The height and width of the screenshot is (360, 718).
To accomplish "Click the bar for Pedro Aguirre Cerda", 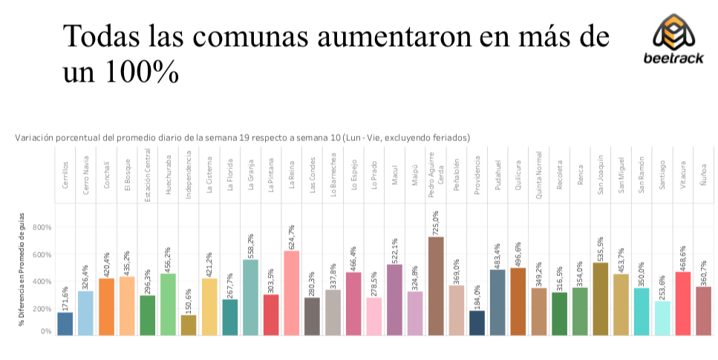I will (x=436, y=286).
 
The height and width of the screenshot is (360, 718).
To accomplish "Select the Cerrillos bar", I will (x=65, y=324).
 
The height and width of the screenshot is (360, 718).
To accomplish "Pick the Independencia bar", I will (x=189, y=325).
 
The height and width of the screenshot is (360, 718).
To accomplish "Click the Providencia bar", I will (x=477, y=322).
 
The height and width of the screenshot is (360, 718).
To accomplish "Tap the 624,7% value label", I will (x=292, y=237).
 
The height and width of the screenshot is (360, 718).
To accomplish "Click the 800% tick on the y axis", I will (x=42, y=227).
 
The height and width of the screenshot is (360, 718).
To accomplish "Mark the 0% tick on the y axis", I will (x=46, y=331).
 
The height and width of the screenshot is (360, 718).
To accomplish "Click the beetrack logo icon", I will (x=673, y=33).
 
